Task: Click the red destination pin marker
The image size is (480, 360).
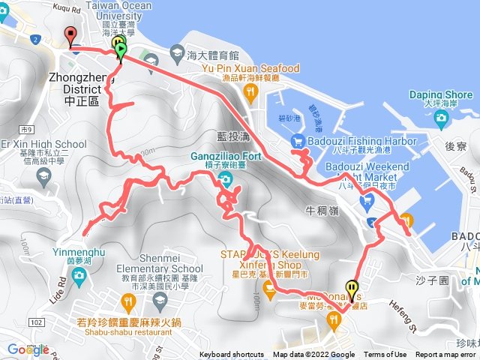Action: pyautogui.click(x=71, y=34)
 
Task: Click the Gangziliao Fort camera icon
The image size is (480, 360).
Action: pyautogui.click(x=224, y=178)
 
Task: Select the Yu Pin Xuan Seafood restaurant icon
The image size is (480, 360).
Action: pyautogui.click(x=250, y=91)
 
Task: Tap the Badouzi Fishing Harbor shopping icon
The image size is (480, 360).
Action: pyautogui.click(x=298, y=140)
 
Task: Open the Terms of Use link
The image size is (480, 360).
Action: pyautogui.click(x=385, y=355)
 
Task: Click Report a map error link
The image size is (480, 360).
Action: pyautogui.click(x=445, y=355)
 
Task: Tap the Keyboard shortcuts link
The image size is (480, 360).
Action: pyautogui.click(x=232, y=355)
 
